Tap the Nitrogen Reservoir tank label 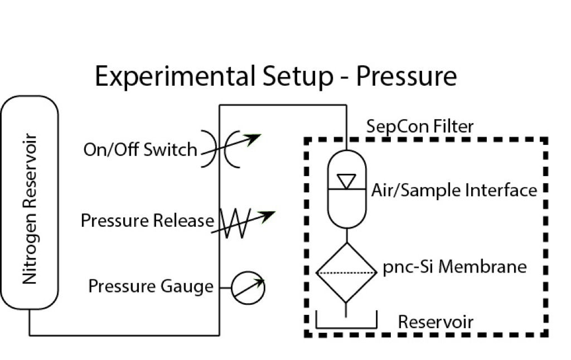[x=30, y=209]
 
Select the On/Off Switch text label [x=140, y=149]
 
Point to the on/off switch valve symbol [x=220, y=149]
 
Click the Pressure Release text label [x=147, y=221]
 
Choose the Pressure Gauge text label [x=151, y=286]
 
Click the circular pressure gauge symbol [x=248, y=288]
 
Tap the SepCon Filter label [x=419, y=127]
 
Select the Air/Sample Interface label [x=454, y=191]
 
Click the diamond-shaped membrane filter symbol [x=346, y=273]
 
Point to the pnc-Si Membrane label [x=454, y=267]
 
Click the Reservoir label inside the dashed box [x=435, y=322]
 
